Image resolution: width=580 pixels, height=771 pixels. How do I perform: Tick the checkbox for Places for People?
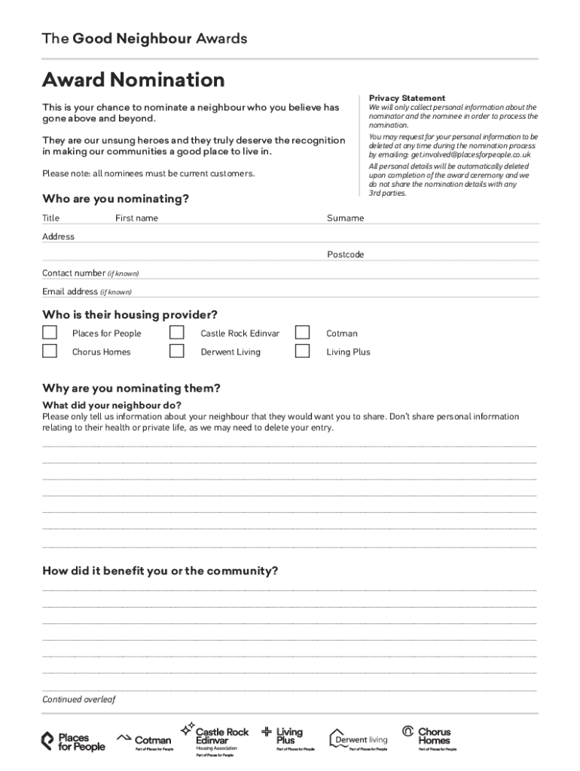(50, 333)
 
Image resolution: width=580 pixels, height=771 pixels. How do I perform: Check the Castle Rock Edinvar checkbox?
(177, 333)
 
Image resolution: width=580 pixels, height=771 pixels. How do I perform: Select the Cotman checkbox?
(303, 333)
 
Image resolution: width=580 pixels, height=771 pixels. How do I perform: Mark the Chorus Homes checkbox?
(50, 351)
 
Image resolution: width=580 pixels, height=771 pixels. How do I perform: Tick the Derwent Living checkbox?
(177, 351)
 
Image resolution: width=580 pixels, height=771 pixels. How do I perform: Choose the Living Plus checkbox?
(303, 351)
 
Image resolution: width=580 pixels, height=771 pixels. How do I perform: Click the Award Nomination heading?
(133, 80)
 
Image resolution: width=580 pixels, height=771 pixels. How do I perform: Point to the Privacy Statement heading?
(407, 98)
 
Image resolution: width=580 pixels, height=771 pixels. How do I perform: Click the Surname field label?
(345, 218)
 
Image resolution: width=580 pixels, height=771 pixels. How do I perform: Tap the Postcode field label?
(345, 254)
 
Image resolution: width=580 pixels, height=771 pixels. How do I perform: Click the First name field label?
(136, 218)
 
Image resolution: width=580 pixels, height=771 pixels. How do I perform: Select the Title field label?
(50, 218)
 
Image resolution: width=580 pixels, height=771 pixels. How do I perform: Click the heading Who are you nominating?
(115, 199)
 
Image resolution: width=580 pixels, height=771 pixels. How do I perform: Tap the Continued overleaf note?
(78, 699)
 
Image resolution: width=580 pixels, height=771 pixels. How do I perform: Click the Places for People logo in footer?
(73, 742)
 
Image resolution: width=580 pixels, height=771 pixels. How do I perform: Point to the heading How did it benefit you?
(160, 571)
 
